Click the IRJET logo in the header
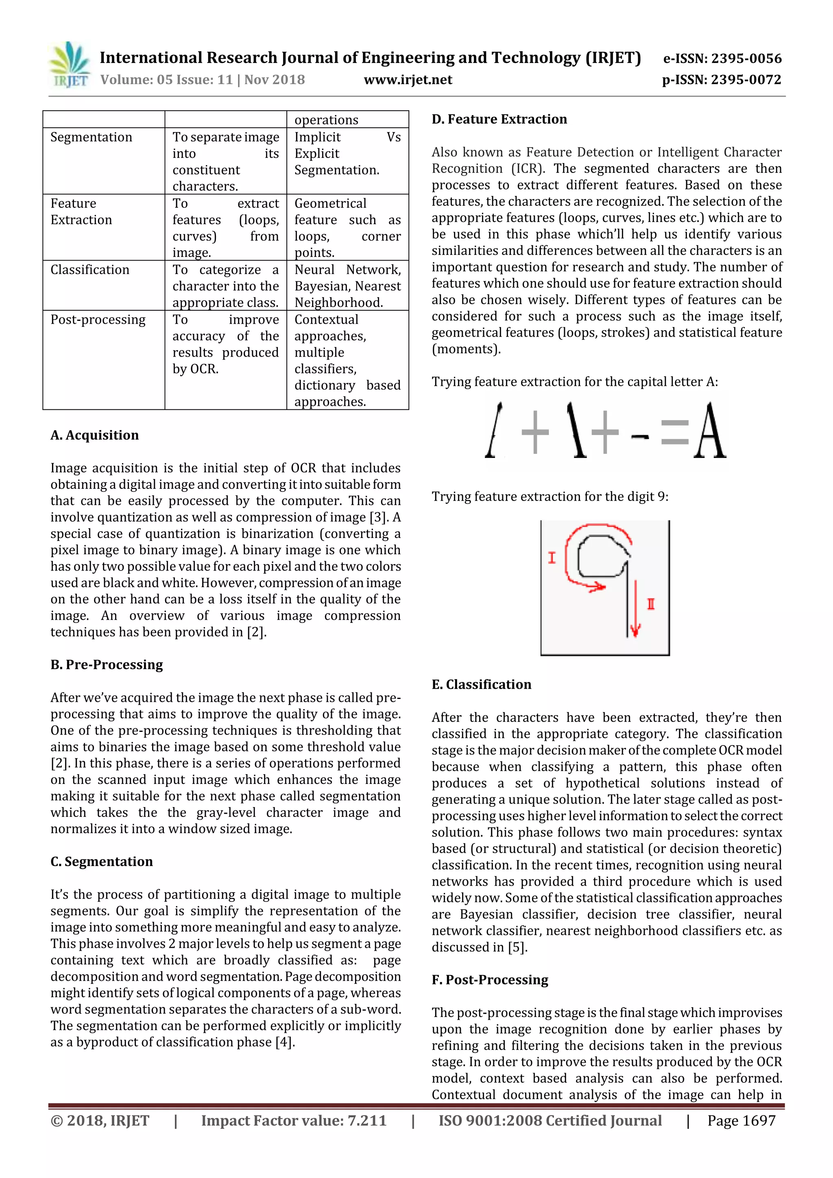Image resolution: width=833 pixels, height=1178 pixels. pyautogui.click(x=69, y=65)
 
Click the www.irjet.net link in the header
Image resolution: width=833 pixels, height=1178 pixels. pyautogui.click(x=408, y=80)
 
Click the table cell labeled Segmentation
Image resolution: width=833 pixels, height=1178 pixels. pyautogui.click(x=92, y=137)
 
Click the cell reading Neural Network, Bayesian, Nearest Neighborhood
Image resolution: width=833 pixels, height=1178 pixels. pyautogui.click(x=347, y=286)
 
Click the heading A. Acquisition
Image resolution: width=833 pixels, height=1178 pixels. pyautogui.click(x=94, y=435)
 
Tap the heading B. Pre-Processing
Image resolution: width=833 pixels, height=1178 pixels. pyautogui.click(x=107, y=664)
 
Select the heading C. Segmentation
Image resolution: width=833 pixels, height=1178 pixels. pyautogui.click(x=102, y=861)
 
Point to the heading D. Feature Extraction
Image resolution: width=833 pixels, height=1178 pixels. pyautogui.click(x=499, y=119)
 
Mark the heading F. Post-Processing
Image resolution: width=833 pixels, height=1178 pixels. pyautogui.click(x=490, y=980)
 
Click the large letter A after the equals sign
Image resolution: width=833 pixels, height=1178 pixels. pyautogui.click(x=710, y=431)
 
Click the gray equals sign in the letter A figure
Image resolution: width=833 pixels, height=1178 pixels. pyautogui.click(x=674, y=432)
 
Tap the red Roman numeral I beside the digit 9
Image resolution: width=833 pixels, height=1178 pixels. pyautogui.click(x=552, y=558)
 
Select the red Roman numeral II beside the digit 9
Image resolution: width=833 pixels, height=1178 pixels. pyautogui.click(x=651, y=604)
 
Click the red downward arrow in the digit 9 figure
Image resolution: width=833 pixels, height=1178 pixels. pyautogui.click(x=635, y=610)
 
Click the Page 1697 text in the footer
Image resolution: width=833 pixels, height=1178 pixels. pyautogui.click(x=741, y=1121)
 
